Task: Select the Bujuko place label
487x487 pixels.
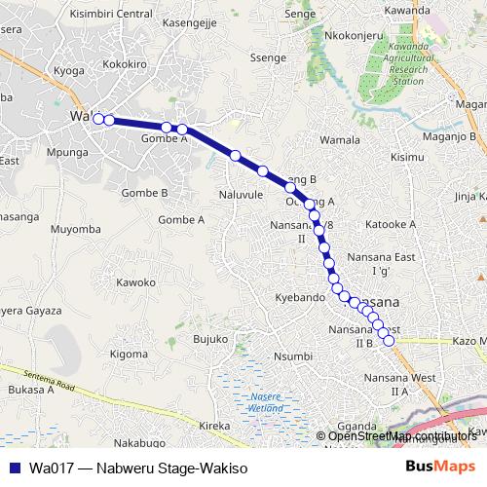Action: pos(209,339)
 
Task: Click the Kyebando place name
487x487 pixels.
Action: pos(300,296)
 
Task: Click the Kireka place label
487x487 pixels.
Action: pos(214,426)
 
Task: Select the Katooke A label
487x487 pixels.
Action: pos(390,224)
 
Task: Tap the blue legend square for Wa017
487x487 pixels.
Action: pos(14,468)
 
